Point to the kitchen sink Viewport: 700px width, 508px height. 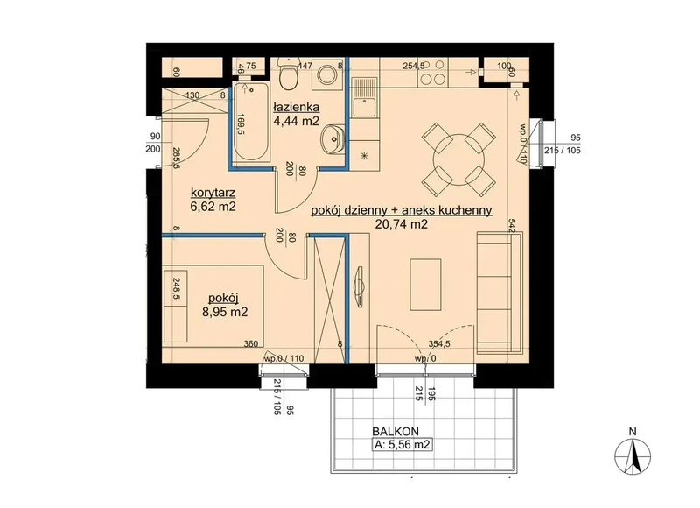pos(365,107)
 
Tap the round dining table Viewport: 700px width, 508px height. pos(458,159)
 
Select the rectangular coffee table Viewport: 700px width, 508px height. pos(425,285)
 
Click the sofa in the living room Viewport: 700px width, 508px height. pos(499,293)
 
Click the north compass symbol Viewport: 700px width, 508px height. pos(632,455)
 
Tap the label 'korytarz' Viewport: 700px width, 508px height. pos(213,193)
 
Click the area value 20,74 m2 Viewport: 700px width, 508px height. pos(402,224)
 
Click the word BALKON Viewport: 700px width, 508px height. pos(395,432)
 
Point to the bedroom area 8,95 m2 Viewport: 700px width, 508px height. pos(225,312)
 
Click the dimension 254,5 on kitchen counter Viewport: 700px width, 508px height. pos(414,66)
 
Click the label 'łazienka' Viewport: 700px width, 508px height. pos(297,107)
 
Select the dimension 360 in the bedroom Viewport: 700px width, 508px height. pos(251,343)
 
